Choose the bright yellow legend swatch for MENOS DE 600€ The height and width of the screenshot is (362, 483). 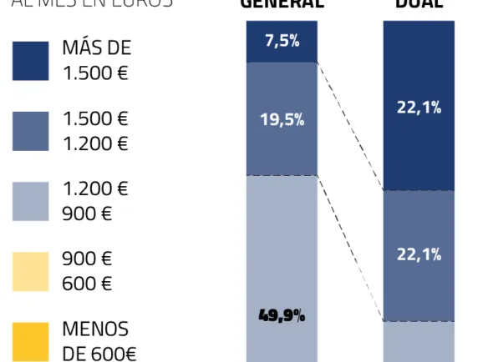(30, 341)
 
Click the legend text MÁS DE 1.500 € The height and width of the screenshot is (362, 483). (96, 61)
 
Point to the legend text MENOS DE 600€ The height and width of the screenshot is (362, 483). (99, 341)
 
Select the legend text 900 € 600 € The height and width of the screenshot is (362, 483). (87, 271)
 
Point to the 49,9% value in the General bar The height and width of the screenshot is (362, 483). (282, 316)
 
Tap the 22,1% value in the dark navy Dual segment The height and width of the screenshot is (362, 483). (419, 108)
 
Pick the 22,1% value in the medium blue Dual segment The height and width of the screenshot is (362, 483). (419, 254)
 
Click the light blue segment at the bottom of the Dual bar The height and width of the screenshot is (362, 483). (419, 342)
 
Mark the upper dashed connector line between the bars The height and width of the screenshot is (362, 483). (350, 125)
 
